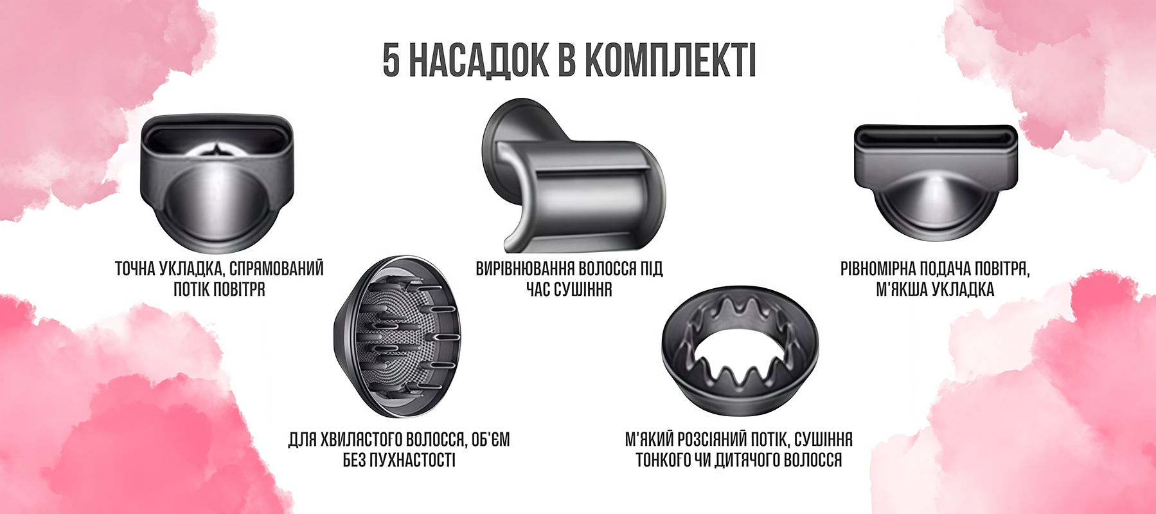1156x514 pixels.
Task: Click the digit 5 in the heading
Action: [x=391, y=61]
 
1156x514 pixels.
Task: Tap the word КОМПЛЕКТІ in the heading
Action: [x=670, y=61]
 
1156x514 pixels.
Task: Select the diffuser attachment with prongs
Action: [x=397, y=337]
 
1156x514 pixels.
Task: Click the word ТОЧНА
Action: [x=134, y=269]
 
